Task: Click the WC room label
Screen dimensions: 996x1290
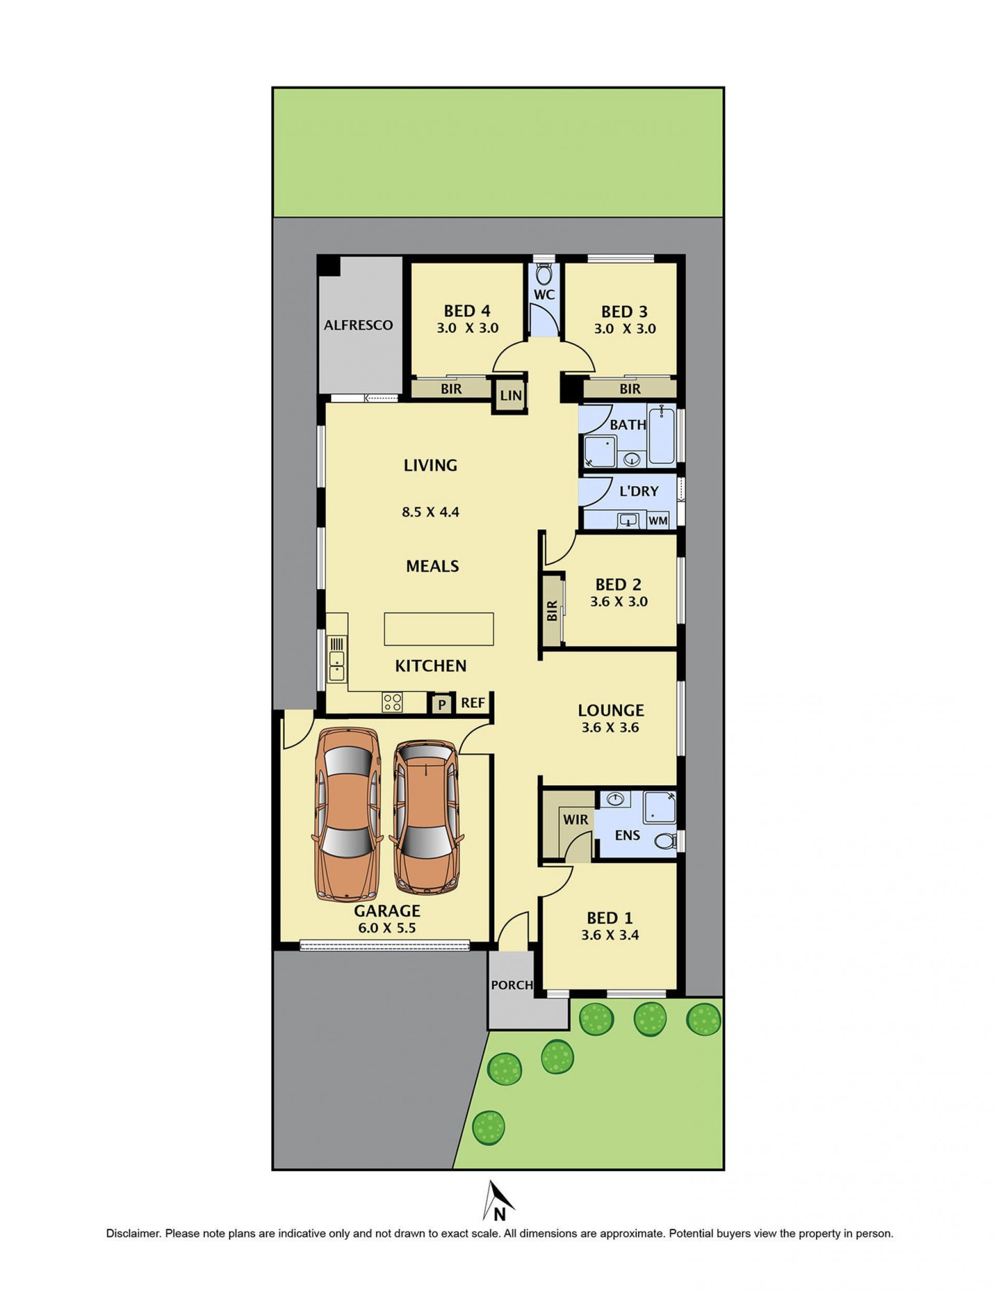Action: [544, 294]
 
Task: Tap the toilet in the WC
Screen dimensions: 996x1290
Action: [544, 274]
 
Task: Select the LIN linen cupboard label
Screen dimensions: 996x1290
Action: [510, 395]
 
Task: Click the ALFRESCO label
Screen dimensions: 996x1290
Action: [358, 325]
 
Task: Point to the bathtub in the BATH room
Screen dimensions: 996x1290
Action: [661, 434]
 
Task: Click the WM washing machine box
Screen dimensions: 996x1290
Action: [658, 520]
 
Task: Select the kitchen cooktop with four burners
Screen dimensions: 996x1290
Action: [393, 702]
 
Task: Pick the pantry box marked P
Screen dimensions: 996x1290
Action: [441, 704]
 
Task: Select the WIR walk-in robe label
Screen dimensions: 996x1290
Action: [575, 820]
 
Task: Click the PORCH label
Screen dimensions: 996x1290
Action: [512, 985]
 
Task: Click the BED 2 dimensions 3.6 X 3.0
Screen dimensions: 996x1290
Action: [619, 602]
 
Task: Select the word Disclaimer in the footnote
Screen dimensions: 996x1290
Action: [133, 1233]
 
